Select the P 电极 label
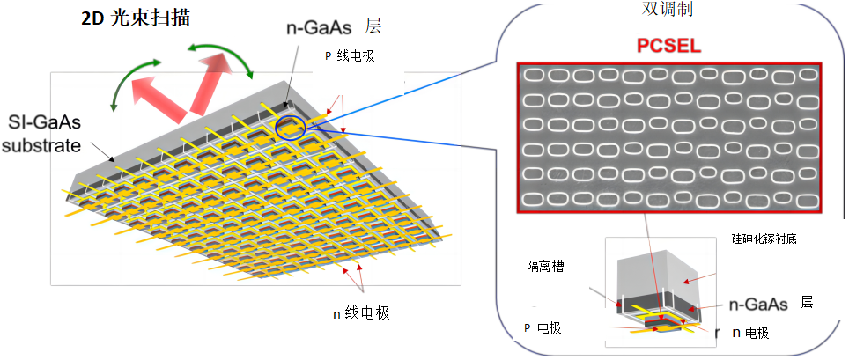[543, 328]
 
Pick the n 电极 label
[749, 333]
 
